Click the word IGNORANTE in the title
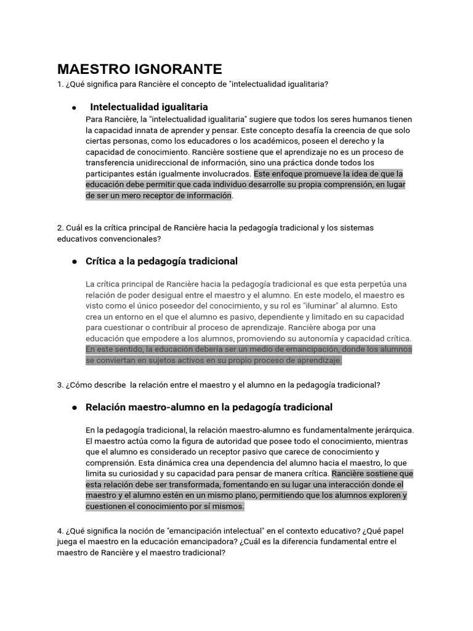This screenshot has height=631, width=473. coord(182,69)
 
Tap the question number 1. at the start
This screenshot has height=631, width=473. coord(60,84)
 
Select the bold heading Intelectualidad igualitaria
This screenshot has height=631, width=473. coord(149,107)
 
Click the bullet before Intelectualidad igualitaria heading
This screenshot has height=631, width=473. coord(74,107)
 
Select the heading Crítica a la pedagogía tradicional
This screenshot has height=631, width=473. coord(161,261)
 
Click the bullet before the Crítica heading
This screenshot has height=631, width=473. coord(74,262)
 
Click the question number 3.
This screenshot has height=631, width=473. coord(60,385)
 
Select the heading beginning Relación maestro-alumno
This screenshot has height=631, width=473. coord(209,407)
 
